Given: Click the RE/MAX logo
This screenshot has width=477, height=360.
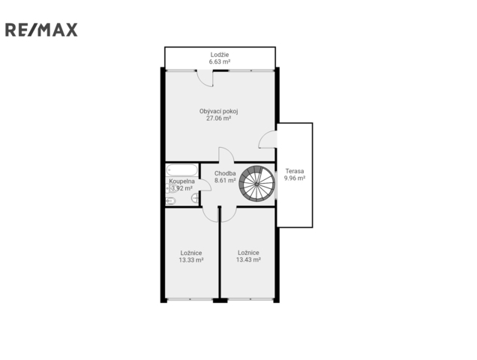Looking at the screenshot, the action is point(41,30).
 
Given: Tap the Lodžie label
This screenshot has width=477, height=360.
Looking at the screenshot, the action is point(220,55).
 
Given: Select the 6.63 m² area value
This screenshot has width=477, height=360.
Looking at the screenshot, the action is point(219,61).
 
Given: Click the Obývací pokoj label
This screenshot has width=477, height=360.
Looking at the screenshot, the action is point(219,111).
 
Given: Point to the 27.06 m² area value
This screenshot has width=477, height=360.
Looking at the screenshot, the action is point(219,118).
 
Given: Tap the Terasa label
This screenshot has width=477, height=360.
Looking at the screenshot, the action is point(295,171).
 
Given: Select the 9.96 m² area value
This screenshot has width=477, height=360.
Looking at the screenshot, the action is point(295,178).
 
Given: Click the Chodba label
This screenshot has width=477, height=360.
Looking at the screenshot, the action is point(225,173).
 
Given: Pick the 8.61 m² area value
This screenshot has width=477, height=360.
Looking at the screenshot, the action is point(225,181).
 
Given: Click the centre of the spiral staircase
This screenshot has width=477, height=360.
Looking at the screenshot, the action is point(257,184).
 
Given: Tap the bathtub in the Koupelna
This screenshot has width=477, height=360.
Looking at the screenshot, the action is point(182,169).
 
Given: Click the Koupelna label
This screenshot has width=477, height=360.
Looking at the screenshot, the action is point(182,181).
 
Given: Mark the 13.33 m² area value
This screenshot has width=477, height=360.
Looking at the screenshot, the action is point(191,260).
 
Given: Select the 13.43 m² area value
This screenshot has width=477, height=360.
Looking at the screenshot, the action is point(248,260).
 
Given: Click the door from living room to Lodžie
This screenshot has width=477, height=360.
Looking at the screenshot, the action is point(205,78).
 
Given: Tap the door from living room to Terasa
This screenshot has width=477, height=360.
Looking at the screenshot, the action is point(268,139).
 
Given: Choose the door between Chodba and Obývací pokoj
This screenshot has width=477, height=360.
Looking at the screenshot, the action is point(226,154).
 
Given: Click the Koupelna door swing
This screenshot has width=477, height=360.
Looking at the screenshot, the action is point(205,185).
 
